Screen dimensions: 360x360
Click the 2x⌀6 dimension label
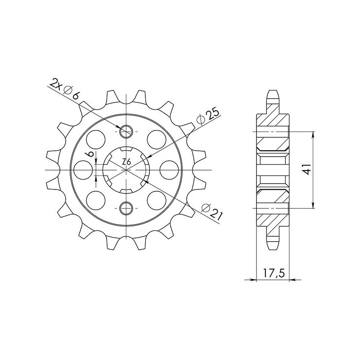pyautogui.click(x=66, y=89)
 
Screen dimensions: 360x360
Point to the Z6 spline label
pyautogui.click(x=127, y=162)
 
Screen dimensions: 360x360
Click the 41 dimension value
pyautogui.click(x=306, y=170)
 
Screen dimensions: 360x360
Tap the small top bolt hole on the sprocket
pyautogui.click(x=126, y=131)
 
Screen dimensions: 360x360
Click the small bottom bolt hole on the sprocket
pyautogui.click(x=126, y=207)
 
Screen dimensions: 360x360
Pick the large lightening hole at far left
pyautogui.click(x=83, y=169)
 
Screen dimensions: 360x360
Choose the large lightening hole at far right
pyautogui.click(x=170, y=169)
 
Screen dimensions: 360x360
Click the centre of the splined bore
pyautogui.click(x=126, y=170)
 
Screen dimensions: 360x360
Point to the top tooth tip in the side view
pyautogui.click(x=273, y=91)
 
